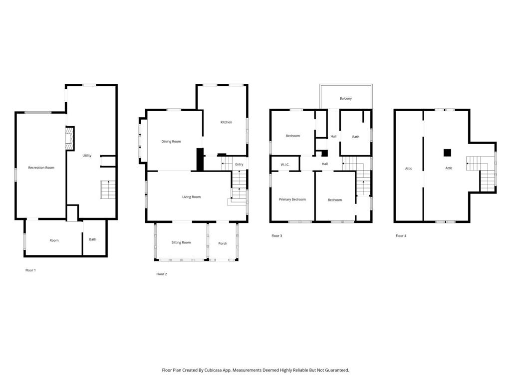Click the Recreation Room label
pos(41,168)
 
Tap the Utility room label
pos(87,156)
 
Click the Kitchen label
pos(226,122)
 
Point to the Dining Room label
pos(171,142)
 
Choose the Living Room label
pos(191,197)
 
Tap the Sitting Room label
pos(181,243)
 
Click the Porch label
pos(223,243)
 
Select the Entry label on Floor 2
pos(239,165)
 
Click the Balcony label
pos(346,98)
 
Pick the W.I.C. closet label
pos(285,165)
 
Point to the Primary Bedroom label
pos(292,199)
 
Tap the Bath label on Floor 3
pos(356,137)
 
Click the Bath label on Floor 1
pos(93,239)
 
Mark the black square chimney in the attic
pos(447,153)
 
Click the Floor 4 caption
pos(401,236)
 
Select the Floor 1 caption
pos(30,270)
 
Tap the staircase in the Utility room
pos(108,189)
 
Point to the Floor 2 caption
pos(162,274)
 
